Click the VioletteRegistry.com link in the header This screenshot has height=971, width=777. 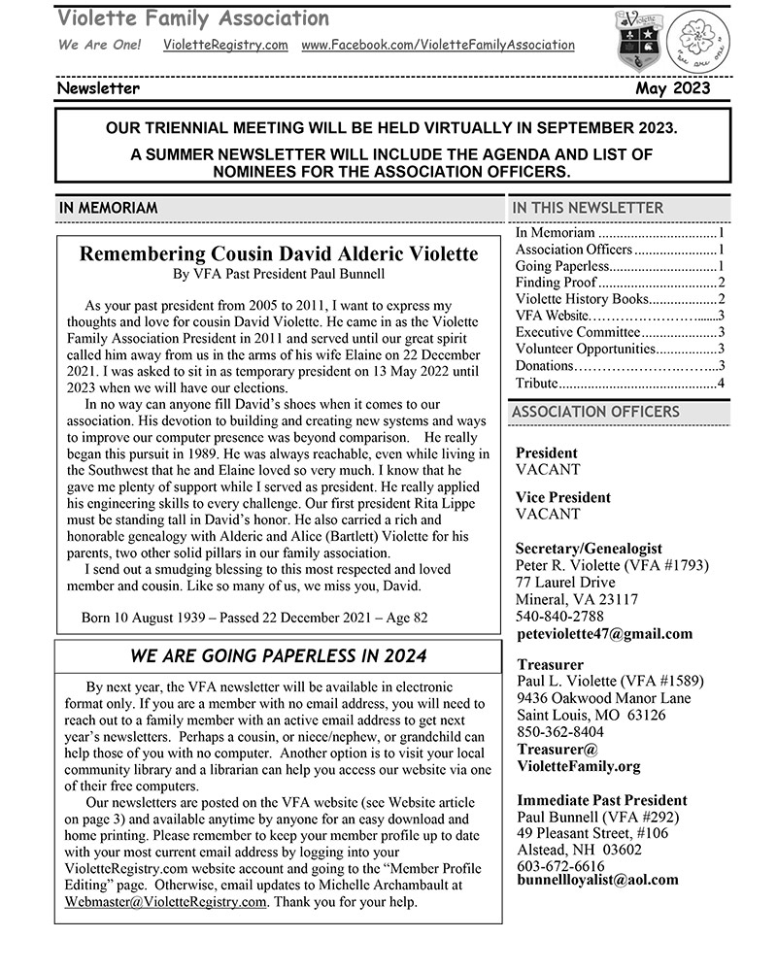click(x=225, y=45)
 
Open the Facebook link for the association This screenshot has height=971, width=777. click(x=438, y=45)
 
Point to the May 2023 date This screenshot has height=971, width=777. click(x=673, y=88)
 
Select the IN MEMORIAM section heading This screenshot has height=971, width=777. click(x=108, y=208)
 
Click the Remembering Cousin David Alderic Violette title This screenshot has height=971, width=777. click(x=278, y=254)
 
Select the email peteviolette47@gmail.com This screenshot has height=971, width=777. click(x=604, y=634)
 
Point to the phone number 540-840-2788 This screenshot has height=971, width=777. click(x=559, y=617)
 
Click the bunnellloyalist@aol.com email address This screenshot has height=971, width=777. click(x=597, y=880)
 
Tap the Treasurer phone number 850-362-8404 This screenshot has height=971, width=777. click(x=559, y=733)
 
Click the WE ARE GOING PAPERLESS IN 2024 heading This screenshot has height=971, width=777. click(x=278, y=656)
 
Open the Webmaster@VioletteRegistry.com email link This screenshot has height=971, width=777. click(x=165, y=902)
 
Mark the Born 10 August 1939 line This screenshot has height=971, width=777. click(x=254, y=618)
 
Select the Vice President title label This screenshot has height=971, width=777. click(x=563, y=497)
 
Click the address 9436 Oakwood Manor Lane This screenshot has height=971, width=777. click(x=603, y=698)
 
